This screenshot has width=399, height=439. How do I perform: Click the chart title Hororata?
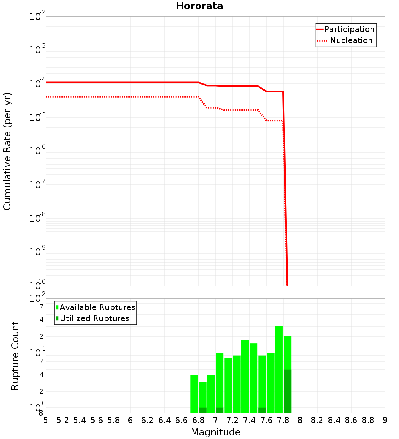pos(199,6)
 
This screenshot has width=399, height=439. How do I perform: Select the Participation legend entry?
pos(349,29)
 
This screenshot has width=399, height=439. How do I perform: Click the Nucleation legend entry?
pos(351,40)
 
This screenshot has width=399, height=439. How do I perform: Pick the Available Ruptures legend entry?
pos(97,307)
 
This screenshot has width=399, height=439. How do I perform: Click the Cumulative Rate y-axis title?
pos(7,151)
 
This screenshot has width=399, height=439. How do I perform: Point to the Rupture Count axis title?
pos(15,356)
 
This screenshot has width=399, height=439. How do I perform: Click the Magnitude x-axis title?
pos(215,432)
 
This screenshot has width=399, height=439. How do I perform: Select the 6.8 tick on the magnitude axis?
pos(198,420)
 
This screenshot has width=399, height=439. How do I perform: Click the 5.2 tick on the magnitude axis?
pos(63,420)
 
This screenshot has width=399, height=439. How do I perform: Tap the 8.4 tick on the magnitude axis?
pos(334,420)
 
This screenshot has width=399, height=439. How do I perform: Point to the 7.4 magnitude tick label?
pos(249,420)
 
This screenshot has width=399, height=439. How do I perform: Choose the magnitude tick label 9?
pos(385,420)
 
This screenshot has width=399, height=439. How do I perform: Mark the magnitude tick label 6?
pos(130,420)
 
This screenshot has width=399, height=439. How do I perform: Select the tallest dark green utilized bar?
pos(287,391)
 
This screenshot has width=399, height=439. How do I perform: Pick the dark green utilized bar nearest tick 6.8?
pos(203,410)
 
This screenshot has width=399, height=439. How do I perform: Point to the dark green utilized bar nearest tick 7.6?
pos(262,410)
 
